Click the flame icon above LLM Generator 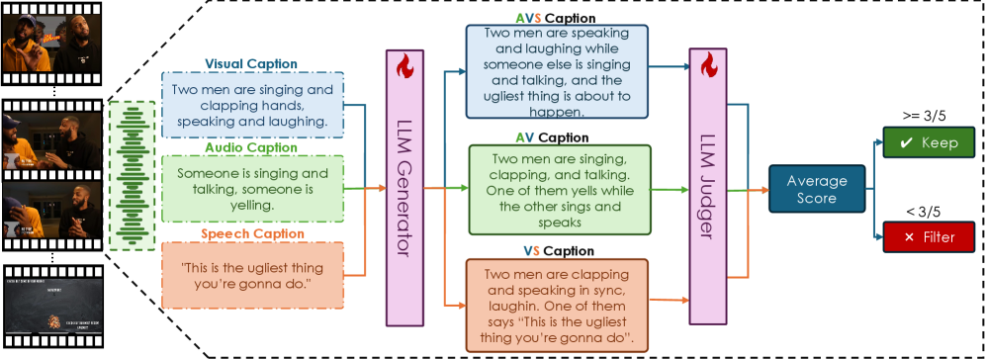pos(403,67)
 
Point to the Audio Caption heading pos(250,147)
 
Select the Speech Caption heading pos(251,234)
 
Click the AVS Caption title pos(542,18)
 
